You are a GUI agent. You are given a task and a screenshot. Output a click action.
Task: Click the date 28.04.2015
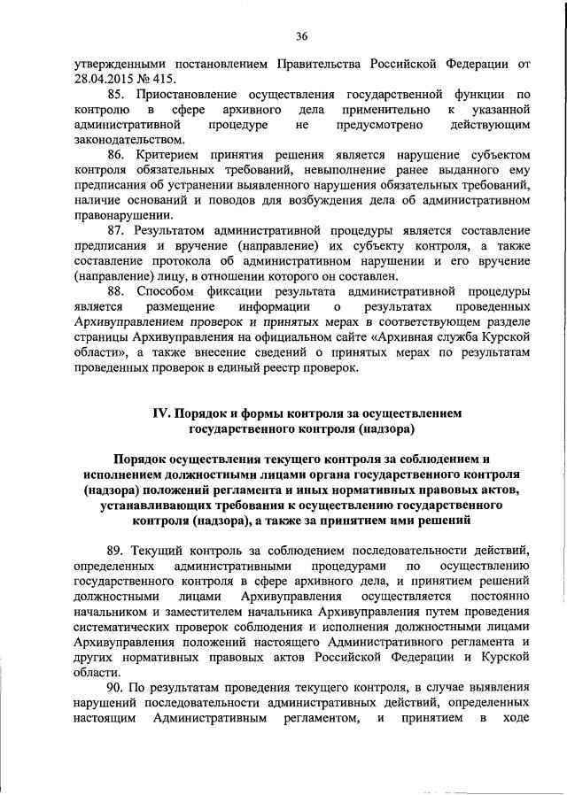pyautogui.click(x=101, y=76)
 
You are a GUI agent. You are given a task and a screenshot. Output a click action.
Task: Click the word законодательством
pyautogui.click(x=129, y=139)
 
